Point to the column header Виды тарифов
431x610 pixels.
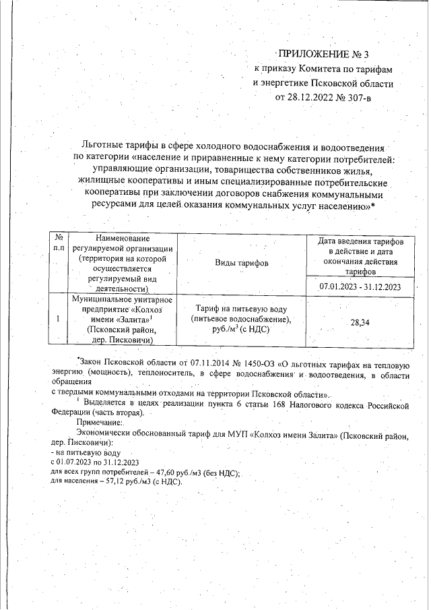point(241,262)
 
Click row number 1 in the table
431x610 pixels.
point(59,319)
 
